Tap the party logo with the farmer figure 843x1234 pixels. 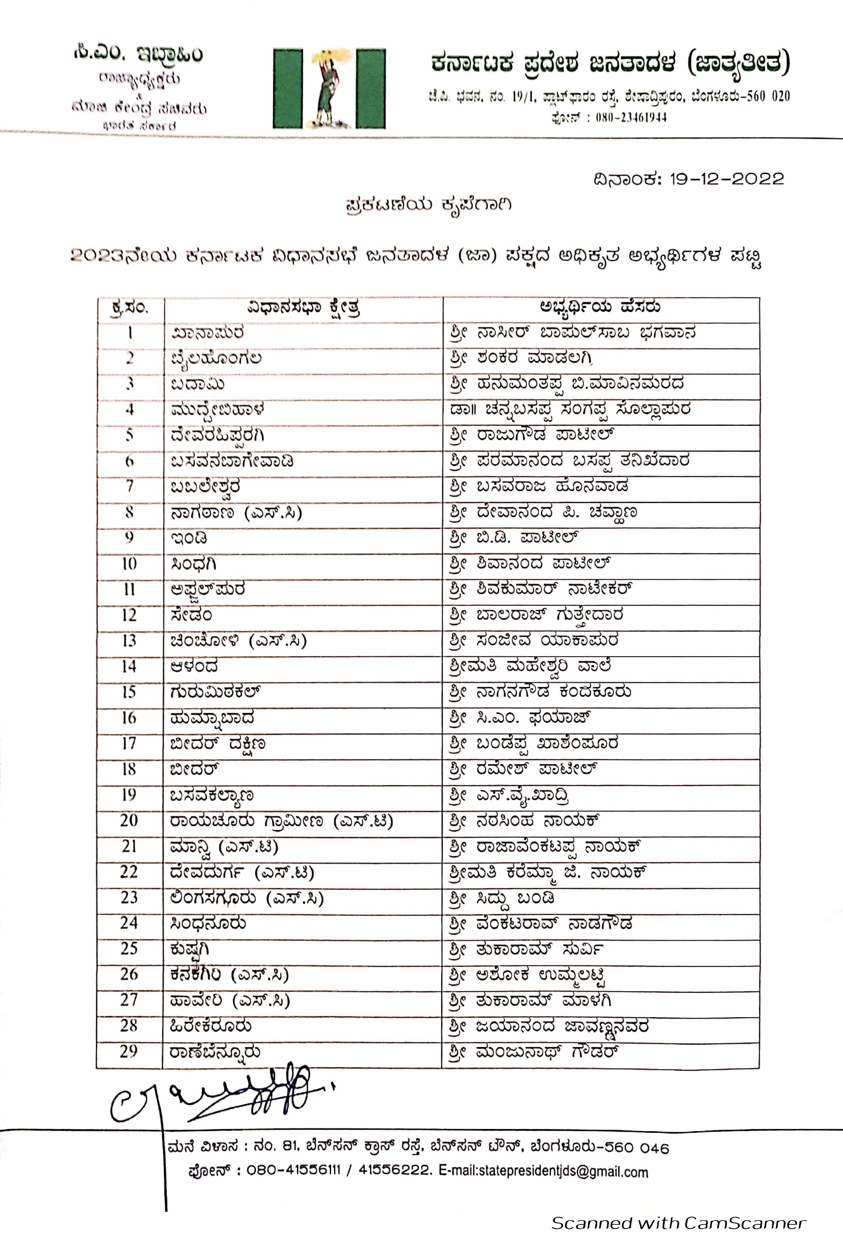329,89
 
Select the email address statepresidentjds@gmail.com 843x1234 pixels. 544,1172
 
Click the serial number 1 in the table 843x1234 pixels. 130,333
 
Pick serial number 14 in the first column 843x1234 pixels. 129,666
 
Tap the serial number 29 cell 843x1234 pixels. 129,1051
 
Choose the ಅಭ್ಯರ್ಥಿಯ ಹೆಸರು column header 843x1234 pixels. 600,307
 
